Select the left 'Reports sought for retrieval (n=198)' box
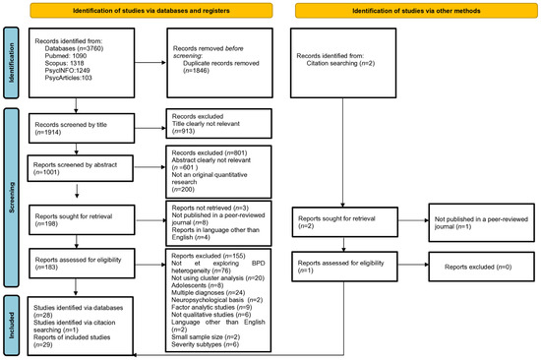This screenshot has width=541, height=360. pyautogui.click(x=84, y=220)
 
